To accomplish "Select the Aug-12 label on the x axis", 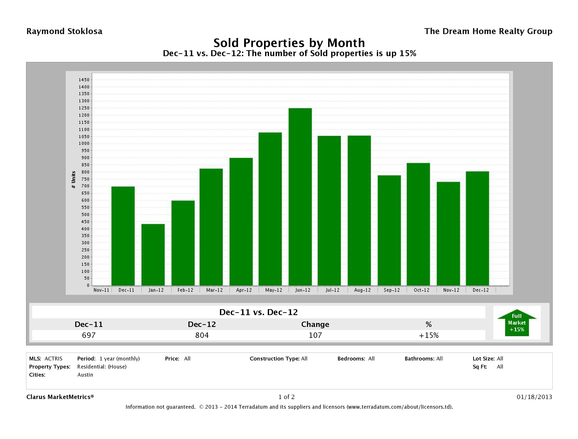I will coord(362,290).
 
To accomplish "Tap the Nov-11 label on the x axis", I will coord(101,290).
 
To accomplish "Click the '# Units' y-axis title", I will coord(73,180).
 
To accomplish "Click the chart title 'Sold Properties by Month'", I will coord(289,43).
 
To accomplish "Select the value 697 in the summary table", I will coord(89,335).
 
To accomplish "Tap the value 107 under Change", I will coord(315,335).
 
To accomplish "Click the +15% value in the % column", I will coord(429,335).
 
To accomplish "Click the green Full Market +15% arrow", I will coord(517,323).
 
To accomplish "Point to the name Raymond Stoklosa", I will coord(64,31).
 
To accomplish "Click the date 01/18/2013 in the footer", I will coord(534,397).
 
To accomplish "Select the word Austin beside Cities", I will coord(85,375).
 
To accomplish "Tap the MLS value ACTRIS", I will coord(53,358).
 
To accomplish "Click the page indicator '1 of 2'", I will coord(286,397).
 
